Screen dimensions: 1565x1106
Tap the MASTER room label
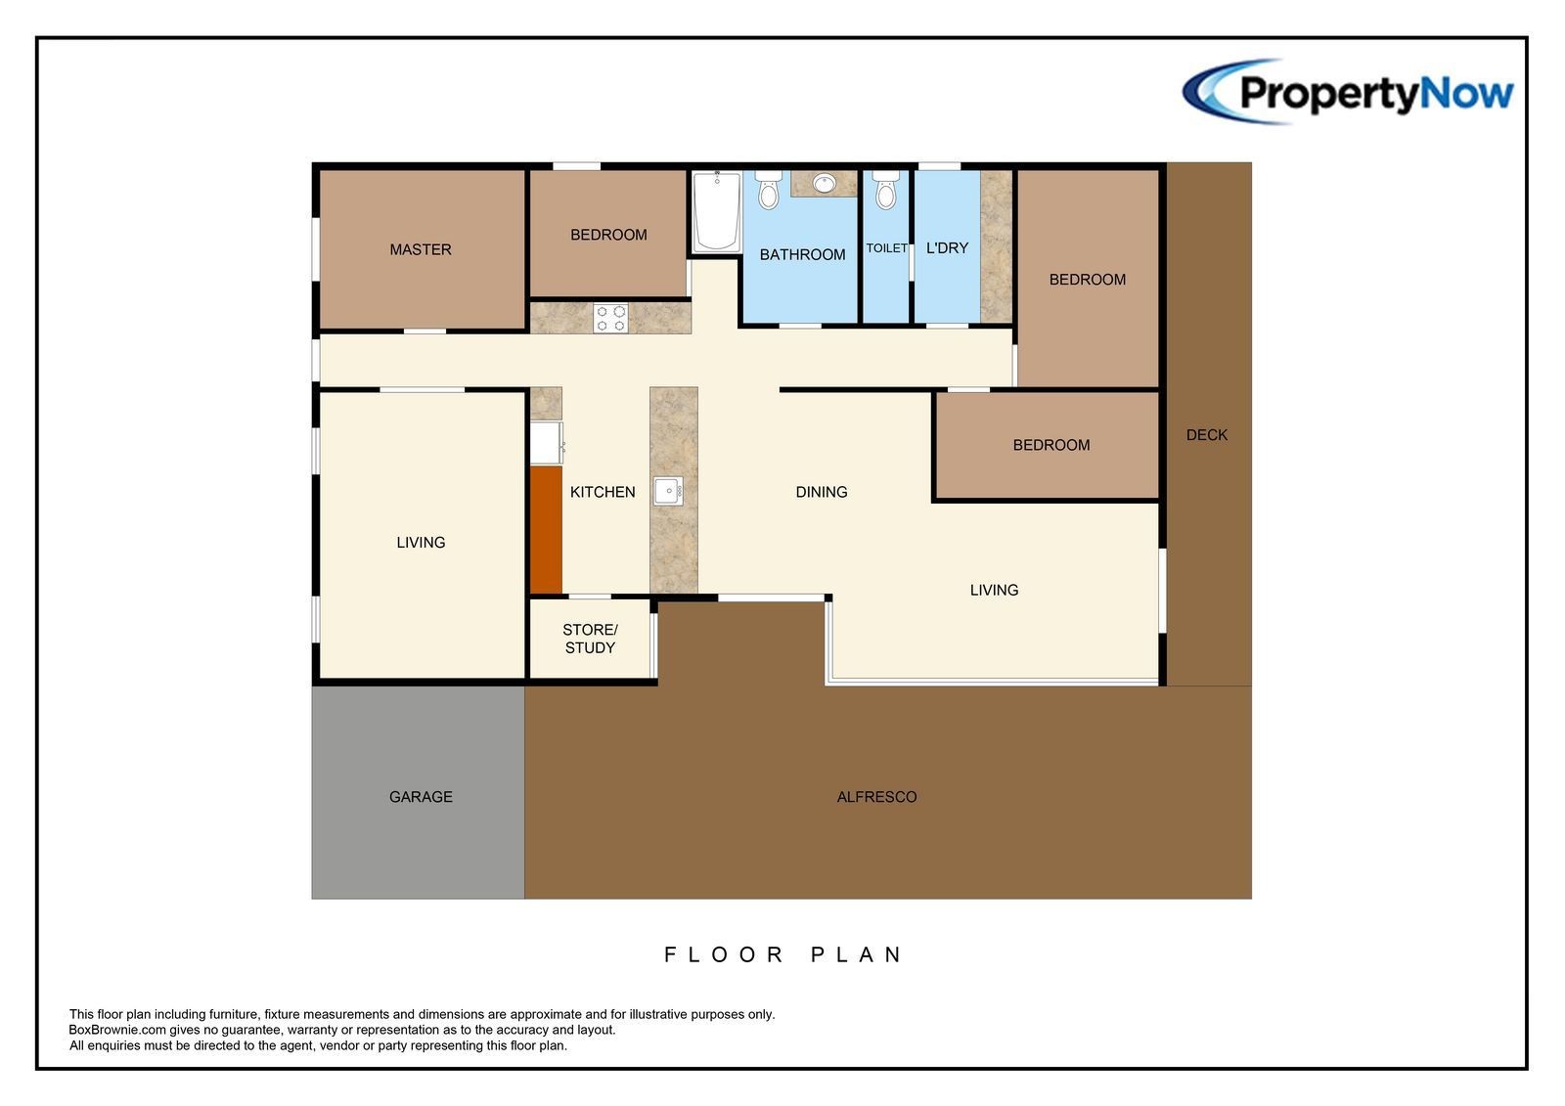click(x=421, y=249)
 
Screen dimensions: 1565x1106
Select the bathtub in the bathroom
click(x=717, y=211)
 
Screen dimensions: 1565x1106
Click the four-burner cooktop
click(x=610, y=318)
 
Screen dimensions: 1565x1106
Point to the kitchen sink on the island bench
click(x=668, y=491)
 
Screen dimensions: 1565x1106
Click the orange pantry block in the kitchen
click(x=547, y=530)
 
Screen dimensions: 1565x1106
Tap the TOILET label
click(x=886, y=248)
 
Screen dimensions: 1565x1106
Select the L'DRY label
click(x=947, y=248)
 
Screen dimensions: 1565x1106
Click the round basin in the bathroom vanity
click(x=825, y=184)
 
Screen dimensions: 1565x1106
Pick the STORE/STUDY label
click(x=591, y=639)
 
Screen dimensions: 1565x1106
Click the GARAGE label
click(x=421, y=796)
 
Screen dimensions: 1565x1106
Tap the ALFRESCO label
click(x=876, y=796)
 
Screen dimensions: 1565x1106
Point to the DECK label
click(x=1207, y=434)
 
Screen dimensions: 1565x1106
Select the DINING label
click(x=822, y=492)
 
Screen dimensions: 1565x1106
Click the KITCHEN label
click(x=603, y=492)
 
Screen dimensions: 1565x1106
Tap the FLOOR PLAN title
click(x=783, y=954)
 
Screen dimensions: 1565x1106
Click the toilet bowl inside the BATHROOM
click(x=769, y=190)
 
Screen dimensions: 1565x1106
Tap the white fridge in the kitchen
click(x=547, y=443)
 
